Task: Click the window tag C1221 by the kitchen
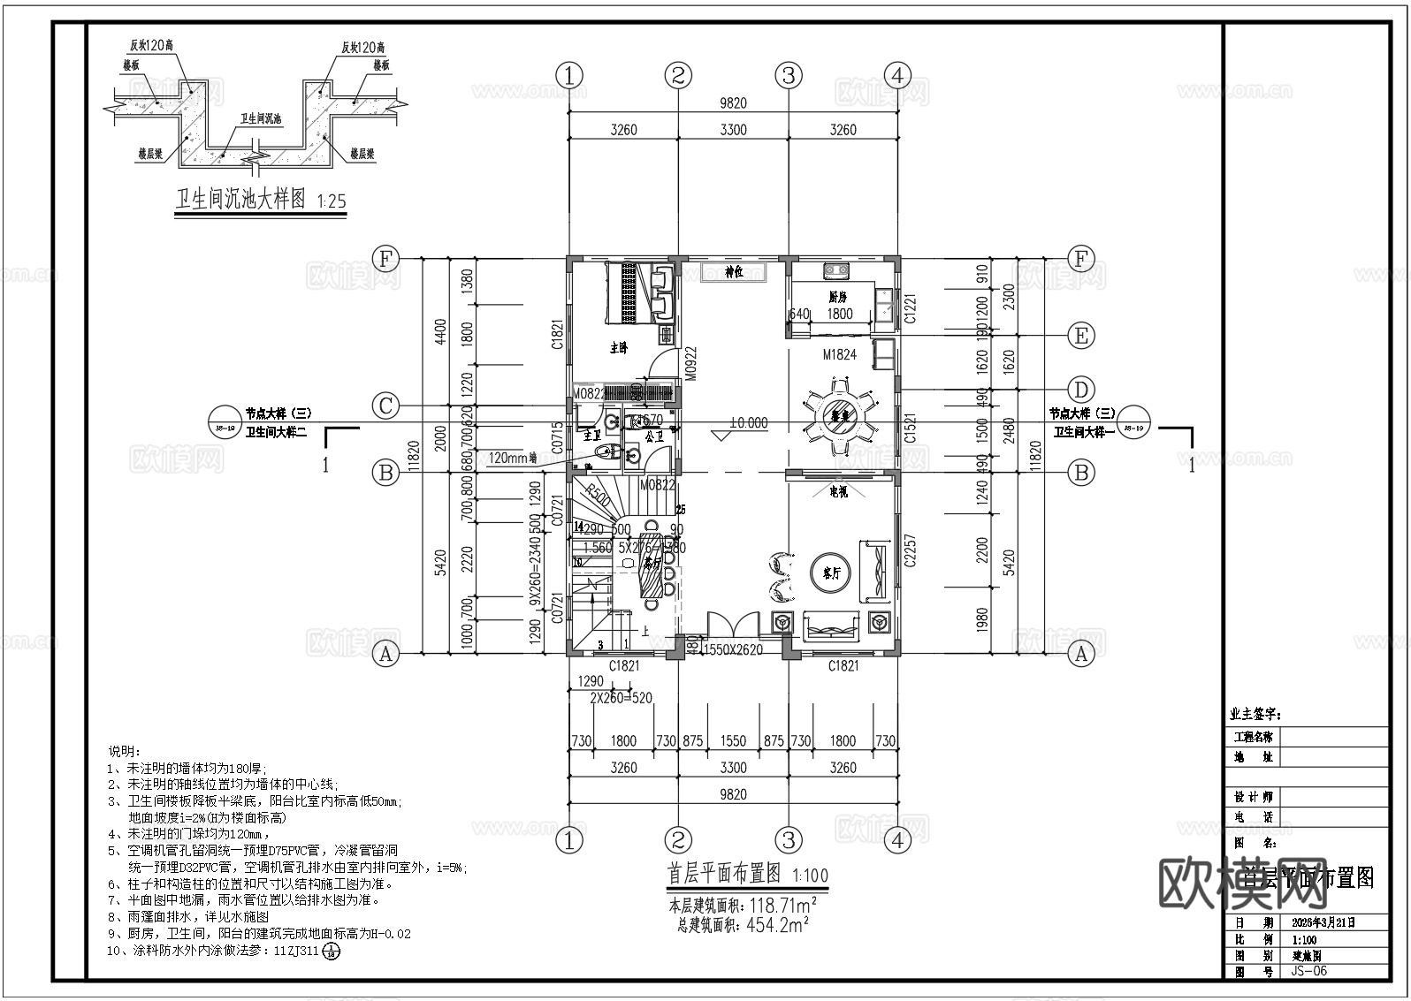click(x=911, y=307)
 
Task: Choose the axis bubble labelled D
click(x=1080, y=389)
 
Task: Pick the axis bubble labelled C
click(x=385, y=406)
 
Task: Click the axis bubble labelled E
click(x=1080, y=336)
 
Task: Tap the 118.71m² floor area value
click(x=782, y=906)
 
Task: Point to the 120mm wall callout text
click(x=512, y=458)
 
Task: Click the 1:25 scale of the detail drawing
click(x=331, y=202)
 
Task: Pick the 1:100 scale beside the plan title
click(x=810, y=876)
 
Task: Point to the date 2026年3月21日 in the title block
click(x=1323, y=922)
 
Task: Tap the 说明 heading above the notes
click(x=124, y=751)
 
